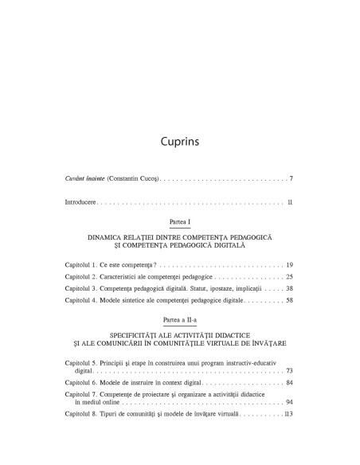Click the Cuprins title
[179, 143]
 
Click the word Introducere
[80, 203]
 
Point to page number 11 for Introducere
[291, 203]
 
